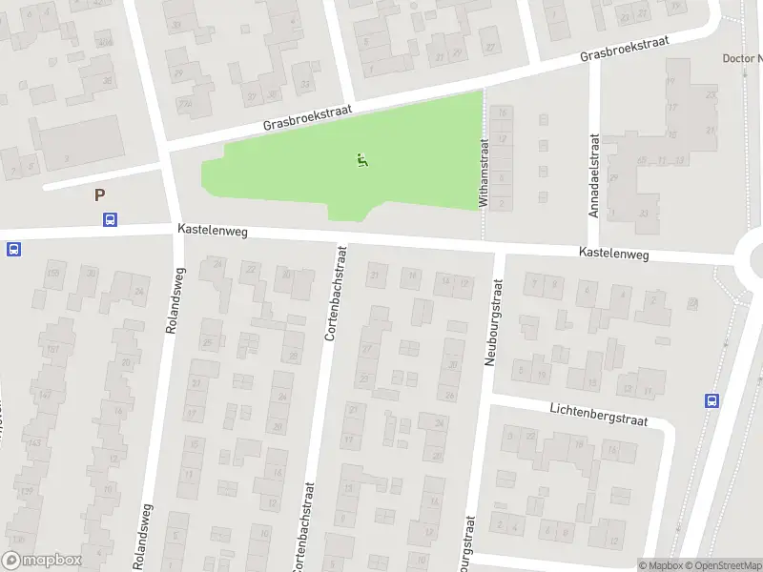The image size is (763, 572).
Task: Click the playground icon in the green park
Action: [x=362, y=160]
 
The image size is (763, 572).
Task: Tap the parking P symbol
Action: [x=99, y=195]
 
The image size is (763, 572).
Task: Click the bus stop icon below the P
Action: [x=110, y=220]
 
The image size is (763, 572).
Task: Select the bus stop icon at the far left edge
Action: [x=13, y=249]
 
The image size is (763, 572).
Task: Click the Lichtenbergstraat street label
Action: [x=599, y=413]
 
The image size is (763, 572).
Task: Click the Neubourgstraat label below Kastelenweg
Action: [x=495, y=321]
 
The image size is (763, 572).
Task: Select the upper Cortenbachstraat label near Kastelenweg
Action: [x=335, y=296]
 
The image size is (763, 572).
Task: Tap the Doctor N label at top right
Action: [x=742, y=58]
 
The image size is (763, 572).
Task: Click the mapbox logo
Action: [x=42, y=561]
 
